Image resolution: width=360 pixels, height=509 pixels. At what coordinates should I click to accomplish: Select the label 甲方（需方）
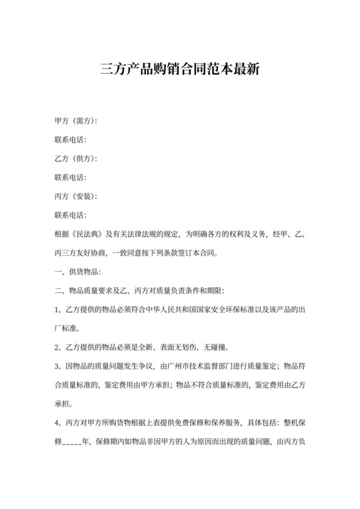pos(75,121)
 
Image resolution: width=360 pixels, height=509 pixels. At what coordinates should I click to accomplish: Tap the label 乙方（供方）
pos(75,158)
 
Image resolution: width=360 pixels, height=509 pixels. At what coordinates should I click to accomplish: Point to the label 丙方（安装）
pos(75,195)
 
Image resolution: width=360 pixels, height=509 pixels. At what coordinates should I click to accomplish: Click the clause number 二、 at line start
pos(60,289)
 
